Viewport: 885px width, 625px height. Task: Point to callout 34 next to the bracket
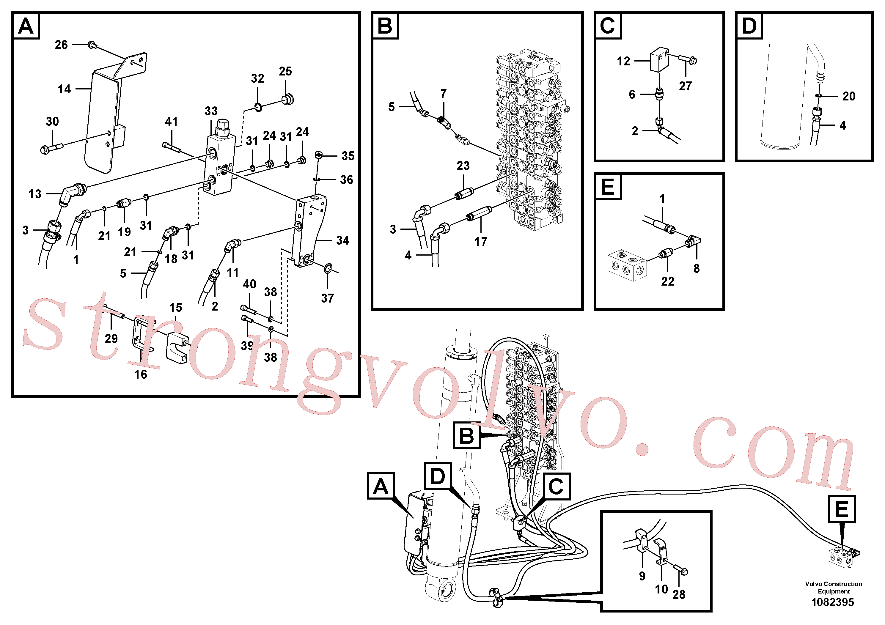(343, 240)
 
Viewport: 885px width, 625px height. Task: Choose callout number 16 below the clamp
(140, 374)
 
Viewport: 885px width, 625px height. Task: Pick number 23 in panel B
(463, 166)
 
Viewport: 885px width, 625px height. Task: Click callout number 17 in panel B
(481, 242)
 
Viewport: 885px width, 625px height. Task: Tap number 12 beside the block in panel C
(623, 61)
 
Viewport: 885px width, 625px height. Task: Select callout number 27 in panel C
(685, 86)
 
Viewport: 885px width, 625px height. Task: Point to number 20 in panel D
(849, 96)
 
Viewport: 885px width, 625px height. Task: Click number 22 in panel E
(668, 281)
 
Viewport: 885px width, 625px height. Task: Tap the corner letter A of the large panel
(26, 26)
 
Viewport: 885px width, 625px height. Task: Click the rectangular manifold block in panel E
(627, 265)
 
